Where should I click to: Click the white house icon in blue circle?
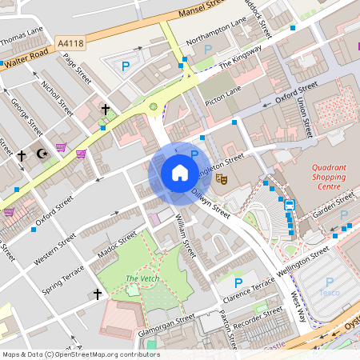(180, 173)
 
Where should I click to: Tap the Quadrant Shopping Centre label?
(329, 177)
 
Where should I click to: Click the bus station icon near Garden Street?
(290, 204)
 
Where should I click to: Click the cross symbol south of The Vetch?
(98, 294)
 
